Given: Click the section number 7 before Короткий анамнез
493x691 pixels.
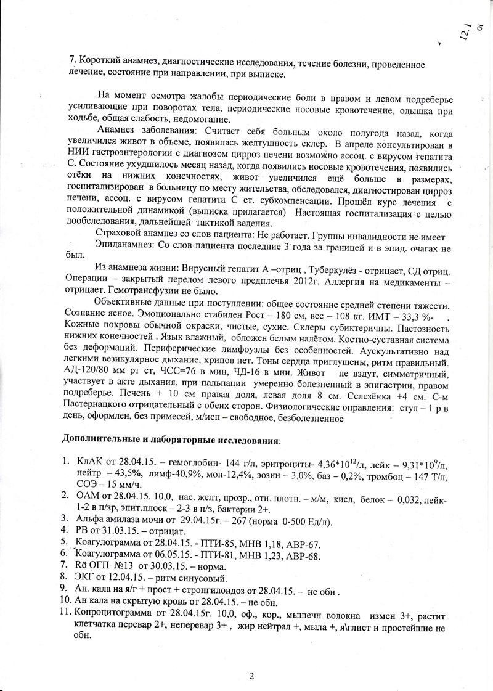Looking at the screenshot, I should click(71, 63).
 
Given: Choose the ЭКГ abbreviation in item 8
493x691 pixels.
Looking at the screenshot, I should click(85, 578).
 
